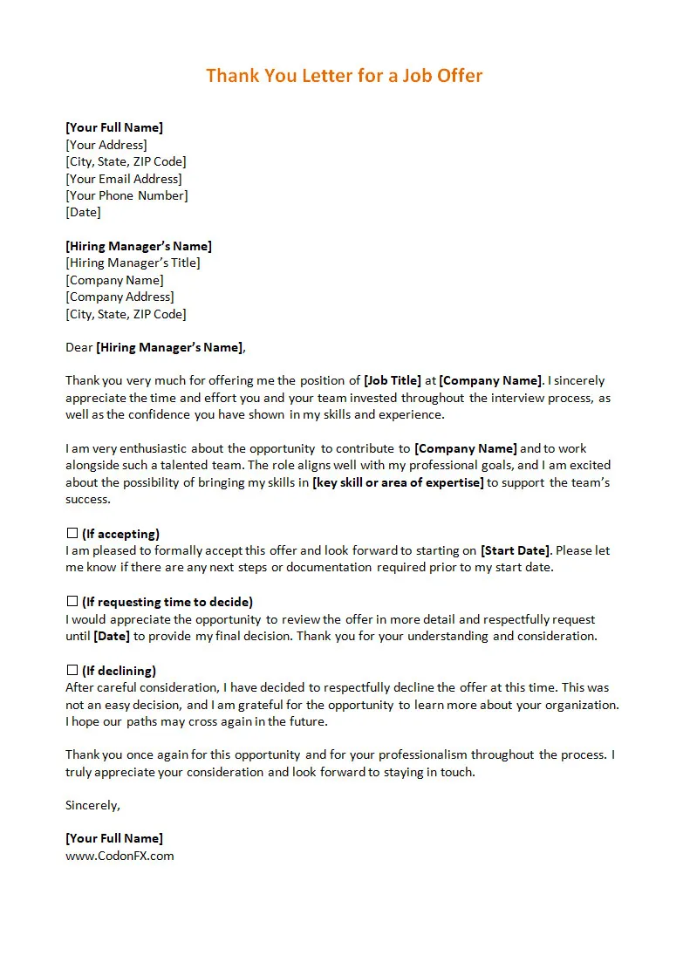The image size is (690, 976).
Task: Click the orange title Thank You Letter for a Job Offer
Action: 344,75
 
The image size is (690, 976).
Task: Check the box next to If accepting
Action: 72,533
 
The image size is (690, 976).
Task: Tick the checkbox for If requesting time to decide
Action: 72,601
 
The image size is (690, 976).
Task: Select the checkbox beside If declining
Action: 72,670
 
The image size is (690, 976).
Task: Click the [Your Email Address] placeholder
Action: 124,179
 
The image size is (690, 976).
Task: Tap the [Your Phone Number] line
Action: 126,195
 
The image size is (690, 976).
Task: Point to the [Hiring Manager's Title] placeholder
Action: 133,263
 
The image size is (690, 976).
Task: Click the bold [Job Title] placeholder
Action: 392,380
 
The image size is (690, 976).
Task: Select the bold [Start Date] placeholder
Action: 515,550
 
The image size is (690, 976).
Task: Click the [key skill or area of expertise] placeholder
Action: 398,482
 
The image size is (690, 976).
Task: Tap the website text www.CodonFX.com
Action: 120,856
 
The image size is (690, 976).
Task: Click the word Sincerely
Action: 92,805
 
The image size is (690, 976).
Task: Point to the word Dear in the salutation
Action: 79,347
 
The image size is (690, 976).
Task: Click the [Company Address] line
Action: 120,297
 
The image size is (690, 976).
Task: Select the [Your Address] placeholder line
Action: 106,145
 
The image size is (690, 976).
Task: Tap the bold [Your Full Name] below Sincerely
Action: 114,838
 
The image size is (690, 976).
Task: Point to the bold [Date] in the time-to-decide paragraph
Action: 112,636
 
